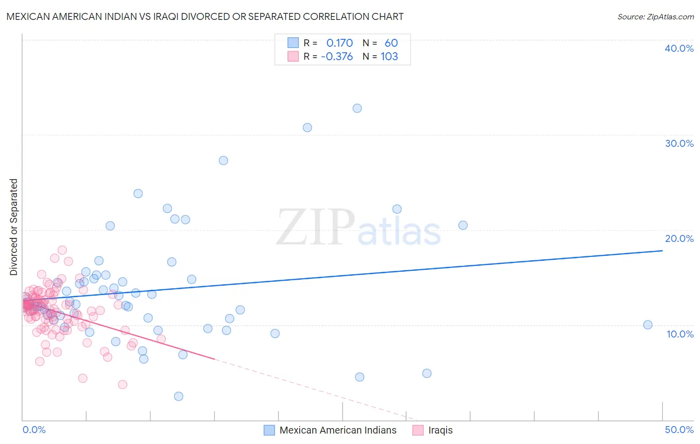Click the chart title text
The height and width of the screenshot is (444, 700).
point(205,16)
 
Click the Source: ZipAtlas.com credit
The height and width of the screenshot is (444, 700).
point(655,16)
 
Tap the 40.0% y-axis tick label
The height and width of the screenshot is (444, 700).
point(679,48)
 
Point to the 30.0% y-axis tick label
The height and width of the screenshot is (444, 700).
point(679,143)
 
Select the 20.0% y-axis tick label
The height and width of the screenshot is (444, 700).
point(679,238)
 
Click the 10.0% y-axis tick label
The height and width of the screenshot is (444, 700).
point(679,334)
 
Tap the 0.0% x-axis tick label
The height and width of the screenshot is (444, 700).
point(34,430)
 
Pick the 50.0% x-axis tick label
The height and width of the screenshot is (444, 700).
point(679,430)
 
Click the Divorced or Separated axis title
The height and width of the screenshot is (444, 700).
point(13,227)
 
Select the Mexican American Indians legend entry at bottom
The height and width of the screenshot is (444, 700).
point(338,430)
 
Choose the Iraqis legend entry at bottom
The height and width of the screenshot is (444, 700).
point(440,430)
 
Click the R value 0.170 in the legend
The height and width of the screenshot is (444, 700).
point(340,43)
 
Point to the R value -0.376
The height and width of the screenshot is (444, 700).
point(337,56)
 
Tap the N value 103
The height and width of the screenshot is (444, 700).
point(389,56)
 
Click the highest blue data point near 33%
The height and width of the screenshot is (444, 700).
point(357,108)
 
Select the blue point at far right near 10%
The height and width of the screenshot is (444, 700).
point(648,325)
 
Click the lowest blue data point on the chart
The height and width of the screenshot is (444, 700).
point(178,396)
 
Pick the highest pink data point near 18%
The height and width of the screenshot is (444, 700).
point(62,250)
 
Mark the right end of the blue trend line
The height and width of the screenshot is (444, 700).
point(662,251)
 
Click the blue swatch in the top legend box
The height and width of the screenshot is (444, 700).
point(293,43)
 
